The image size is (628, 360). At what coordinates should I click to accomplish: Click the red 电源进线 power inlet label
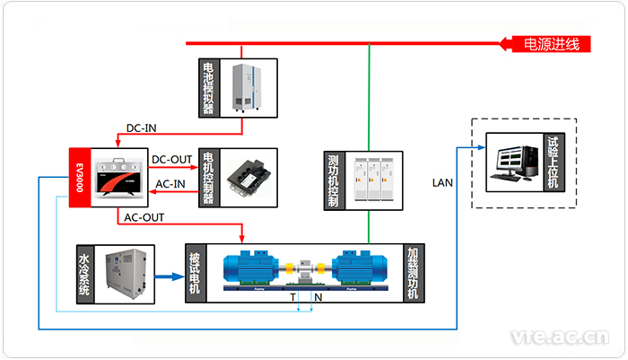(550, 43)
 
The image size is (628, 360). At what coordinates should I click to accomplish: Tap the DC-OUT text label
(172, 160)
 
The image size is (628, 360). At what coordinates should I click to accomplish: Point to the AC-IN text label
(172, 185)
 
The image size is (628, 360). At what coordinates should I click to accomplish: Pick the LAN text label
(443, 183)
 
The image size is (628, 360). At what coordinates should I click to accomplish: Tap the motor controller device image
(249, 178)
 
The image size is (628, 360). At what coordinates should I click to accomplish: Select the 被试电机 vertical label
(195, 273)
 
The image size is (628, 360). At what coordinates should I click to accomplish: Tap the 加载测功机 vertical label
(413, 273)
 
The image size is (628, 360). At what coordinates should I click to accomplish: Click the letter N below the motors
(317, 295)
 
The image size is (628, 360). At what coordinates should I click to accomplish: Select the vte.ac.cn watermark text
(558, 338)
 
